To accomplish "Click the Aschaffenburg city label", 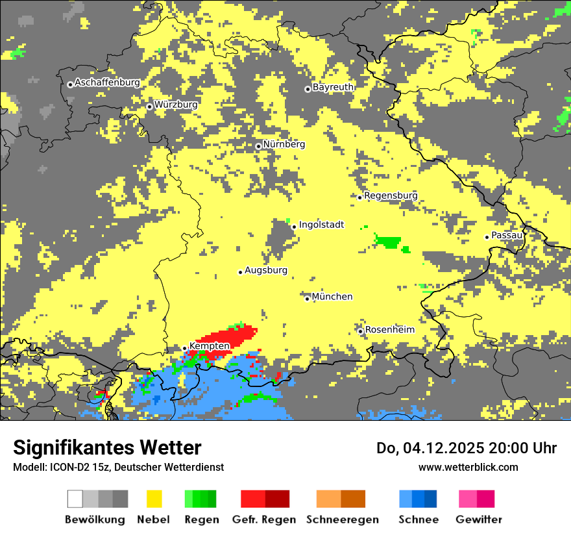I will [x=107, y=82].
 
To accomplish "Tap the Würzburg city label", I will [x=176, y=105].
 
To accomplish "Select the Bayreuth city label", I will [x=333, y=87].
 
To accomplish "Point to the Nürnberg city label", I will [x=284, y=144].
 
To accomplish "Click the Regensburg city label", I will [x=391, y=195].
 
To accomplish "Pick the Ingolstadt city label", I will [x=321, y=225].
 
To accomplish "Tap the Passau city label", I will [x=507, y=235].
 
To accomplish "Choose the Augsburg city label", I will [x=265, y=270].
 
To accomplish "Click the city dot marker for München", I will [x=308, y=299].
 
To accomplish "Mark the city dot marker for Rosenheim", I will [x=361, y=331].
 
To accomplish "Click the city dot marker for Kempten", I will [x=185, y=349].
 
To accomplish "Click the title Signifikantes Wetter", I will [x=107, y=447].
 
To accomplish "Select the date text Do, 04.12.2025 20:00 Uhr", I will [x=466, y=448].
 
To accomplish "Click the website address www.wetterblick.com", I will [x=468, y=467].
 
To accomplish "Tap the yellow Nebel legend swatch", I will [x=154, y=499].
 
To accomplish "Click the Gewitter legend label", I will [x=478, y=520].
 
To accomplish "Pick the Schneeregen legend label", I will [x=342, y=520].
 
